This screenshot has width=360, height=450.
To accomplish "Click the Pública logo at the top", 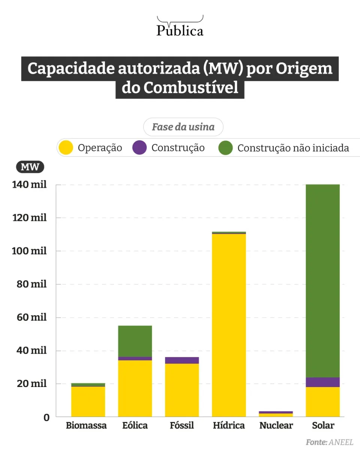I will point(180,27).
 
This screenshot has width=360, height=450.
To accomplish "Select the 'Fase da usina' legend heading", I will point(183,127).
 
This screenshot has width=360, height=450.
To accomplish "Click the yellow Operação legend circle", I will point(66,148).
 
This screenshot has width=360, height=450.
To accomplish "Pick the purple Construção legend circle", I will point(139,148).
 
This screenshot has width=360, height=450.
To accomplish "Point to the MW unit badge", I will point(30,167).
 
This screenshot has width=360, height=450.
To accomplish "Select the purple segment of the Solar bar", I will point(323,382).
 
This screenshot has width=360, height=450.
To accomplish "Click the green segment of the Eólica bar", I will point(135,341).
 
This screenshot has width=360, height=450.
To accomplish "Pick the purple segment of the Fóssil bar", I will point(182,360).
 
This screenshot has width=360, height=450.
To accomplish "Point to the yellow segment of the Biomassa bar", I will point(88,402).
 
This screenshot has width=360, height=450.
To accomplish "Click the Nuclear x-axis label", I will point(276,426).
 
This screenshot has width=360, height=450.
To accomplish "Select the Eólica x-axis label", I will point(135,426).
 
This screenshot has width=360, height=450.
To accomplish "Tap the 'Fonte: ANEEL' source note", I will point(330,442).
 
